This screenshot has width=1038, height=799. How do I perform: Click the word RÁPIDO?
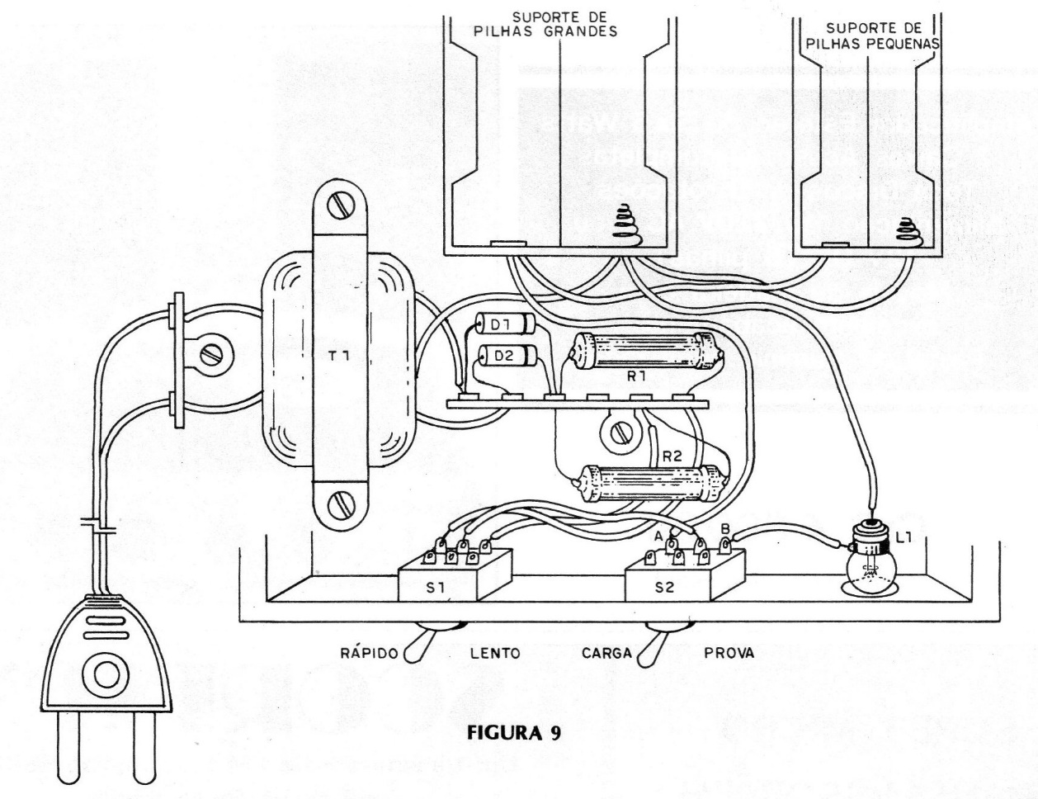coord(369,653)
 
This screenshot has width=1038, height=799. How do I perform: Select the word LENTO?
coord(494,653)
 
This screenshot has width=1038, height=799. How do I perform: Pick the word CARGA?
coord(606,653)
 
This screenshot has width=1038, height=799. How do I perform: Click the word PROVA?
coord(729,653)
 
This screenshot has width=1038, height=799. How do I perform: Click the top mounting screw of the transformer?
coord(338,206)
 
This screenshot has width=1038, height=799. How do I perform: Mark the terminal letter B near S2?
coord(724,528)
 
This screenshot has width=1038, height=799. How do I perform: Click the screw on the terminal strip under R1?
coord(615,430)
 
